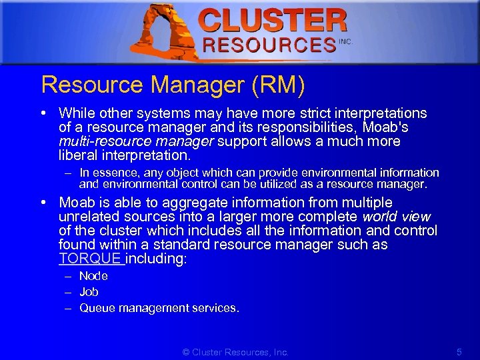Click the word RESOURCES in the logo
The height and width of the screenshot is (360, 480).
(x=269, y=45)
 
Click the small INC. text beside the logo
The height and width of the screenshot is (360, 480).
(x=345, y=41)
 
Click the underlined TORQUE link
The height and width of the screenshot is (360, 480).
(x=90, y=259)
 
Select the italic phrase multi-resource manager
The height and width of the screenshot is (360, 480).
(x=136, y=141)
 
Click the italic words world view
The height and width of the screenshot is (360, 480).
(x=396, y=217)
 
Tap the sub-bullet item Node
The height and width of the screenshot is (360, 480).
(x=93, y=276)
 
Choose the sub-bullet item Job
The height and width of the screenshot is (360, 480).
(x=89, y=292)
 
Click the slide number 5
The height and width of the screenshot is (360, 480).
(x=459, y=351)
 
